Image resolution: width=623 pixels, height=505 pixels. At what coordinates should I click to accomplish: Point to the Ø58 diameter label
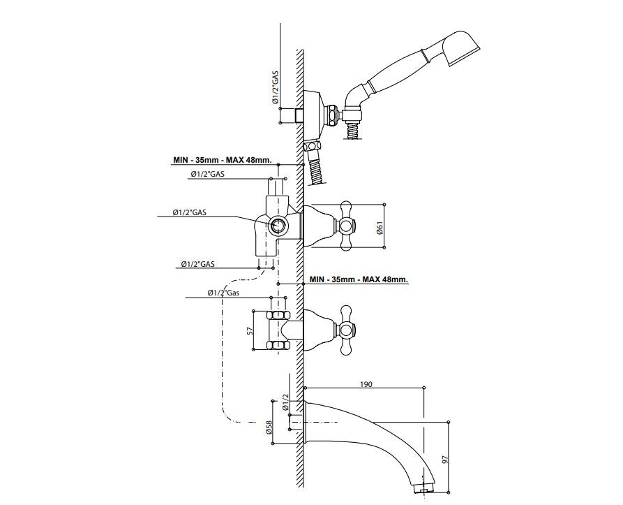pos(269,427)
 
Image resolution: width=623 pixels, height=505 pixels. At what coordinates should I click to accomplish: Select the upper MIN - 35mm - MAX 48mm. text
pos(222,159)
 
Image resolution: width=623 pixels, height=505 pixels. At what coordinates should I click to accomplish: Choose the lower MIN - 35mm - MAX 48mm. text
pos(358,279)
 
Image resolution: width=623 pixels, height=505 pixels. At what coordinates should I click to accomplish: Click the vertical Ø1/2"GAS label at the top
pos(275,88)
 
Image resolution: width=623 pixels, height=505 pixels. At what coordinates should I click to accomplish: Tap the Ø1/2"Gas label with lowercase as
pos(223,294)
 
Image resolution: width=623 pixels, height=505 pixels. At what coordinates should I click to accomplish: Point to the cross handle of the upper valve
pos(347,226)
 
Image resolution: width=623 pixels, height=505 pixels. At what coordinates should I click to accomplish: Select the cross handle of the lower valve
pos(347,329)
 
